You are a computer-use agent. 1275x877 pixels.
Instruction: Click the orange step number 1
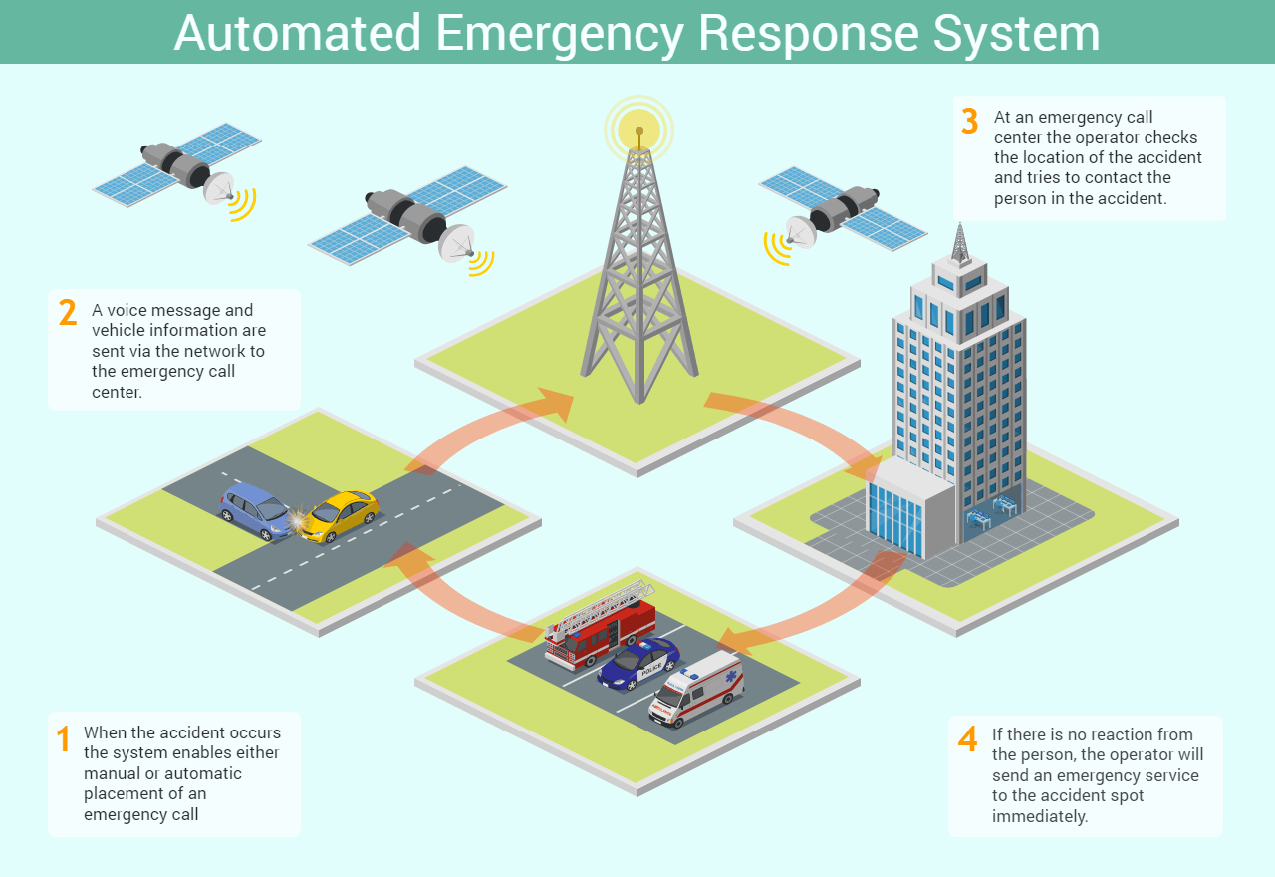point(63,739)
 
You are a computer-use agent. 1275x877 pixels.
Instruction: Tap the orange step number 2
point(67,312)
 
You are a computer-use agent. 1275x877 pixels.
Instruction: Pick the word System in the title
point(1016,32)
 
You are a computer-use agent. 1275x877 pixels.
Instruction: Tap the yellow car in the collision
point(341,514)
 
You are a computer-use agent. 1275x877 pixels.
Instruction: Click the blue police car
point(638,663)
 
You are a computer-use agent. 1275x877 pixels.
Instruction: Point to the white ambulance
point(696,689)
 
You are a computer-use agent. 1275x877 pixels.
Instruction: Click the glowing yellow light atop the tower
point(638,127)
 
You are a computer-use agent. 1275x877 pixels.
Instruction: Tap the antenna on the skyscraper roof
point(960,242)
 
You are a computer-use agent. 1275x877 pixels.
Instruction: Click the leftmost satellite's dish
point(220,188)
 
